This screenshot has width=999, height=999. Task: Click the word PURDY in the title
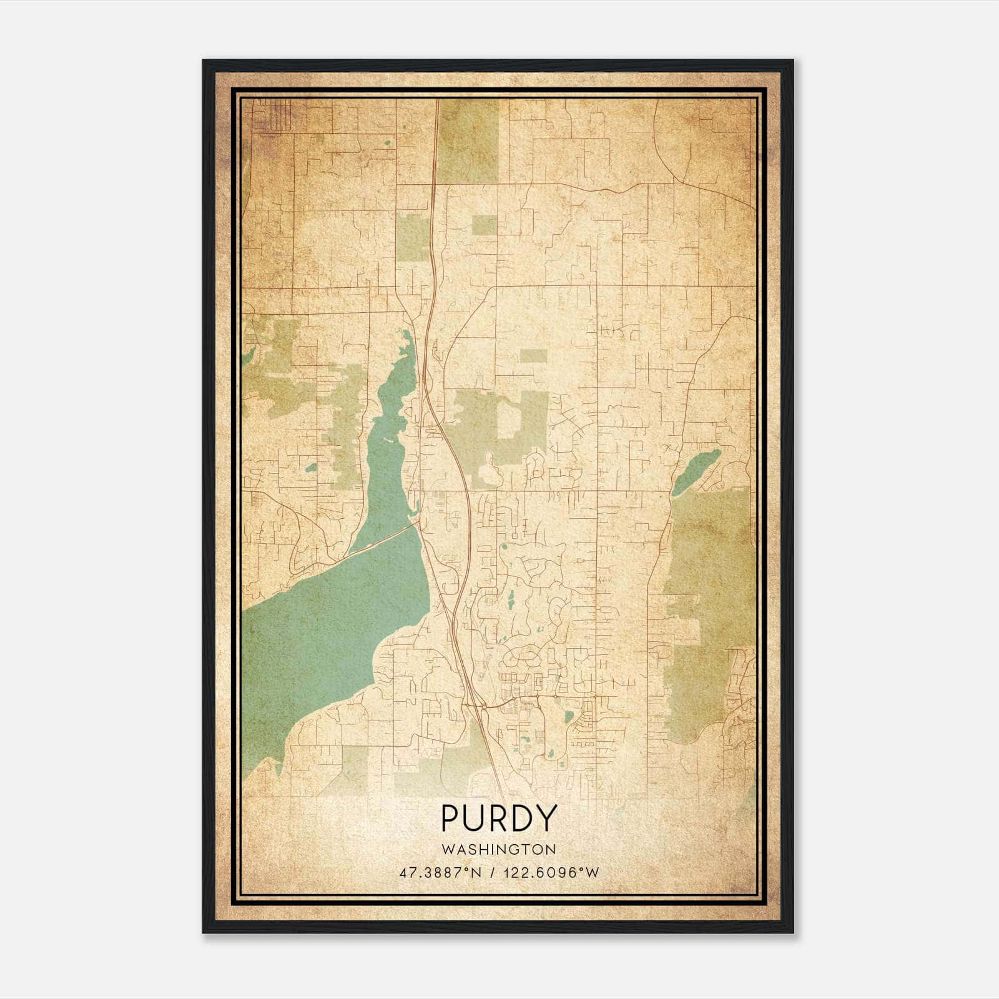point(499,819)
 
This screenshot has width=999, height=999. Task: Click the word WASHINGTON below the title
point(499,850)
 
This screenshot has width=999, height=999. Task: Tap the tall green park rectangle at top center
point(469,140)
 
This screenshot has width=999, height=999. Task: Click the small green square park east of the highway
point(485,225)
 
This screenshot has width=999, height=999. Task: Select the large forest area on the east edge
point(709,599)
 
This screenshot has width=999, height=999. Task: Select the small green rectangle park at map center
point(533,356)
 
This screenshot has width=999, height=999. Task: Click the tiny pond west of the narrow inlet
point(311,466)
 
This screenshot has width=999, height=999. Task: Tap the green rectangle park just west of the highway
point(411,237)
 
